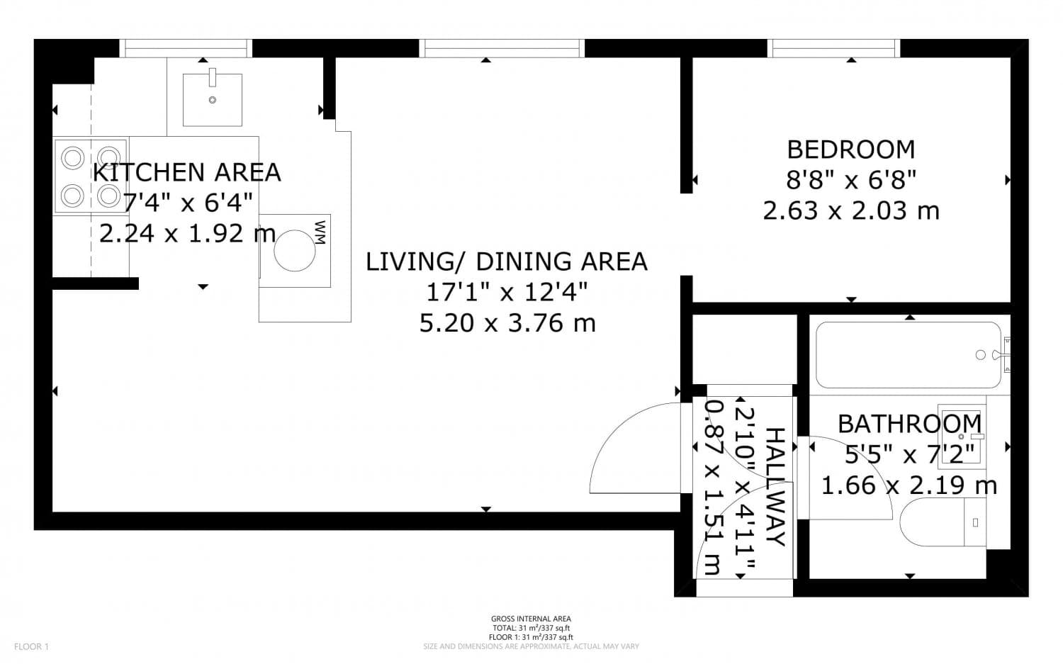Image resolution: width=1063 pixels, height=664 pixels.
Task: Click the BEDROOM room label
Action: pos(851,150)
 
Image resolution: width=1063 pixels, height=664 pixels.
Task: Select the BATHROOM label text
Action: pos(909,424)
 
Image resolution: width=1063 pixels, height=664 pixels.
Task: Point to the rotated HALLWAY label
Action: pos(775,487)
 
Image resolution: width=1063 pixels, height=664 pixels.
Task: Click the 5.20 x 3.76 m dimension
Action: pos(507,323)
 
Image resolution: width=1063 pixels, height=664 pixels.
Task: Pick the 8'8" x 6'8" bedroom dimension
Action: pos(851,180)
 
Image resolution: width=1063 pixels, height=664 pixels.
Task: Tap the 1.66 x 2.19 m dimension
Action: pos(909,485)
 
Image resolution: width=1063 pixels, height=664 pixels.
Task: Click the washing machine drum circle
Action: pos(295,251)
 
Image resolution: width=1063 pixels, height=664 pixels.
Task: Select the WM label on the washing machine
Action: pos(321,232)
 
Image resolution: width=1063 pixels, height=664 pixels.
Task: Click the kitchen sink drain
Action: pos(213,100)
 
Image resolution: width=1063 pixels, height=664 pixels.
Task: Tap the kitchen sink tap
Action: pos(213,77)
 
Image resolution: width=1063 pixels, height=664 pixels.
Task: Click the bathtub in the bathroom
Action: pos(909,355)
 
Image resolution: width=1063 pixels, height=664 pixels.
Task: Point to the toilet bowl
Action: pos(932,522)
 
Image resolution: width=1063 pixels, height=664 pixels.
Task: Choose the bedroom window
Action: pos(834,48)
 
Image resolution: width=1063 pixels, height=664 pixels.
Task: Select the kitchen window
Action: pos(186,48)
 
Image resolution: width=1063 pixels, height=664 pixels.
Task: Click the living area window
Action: pos(502,48)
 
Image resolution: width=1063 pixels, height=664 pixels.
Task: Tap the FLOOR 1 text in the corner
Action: pos(31,646)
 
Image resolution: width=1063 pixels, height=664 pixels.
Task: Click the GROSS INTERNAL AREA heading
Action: pos(531,619)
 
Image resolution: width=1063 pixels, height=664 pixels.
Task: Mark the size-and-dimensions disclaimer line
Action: pos(531,646)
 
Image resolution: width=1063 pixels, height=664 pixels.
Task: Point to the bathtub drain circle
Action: pos(980,355)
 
